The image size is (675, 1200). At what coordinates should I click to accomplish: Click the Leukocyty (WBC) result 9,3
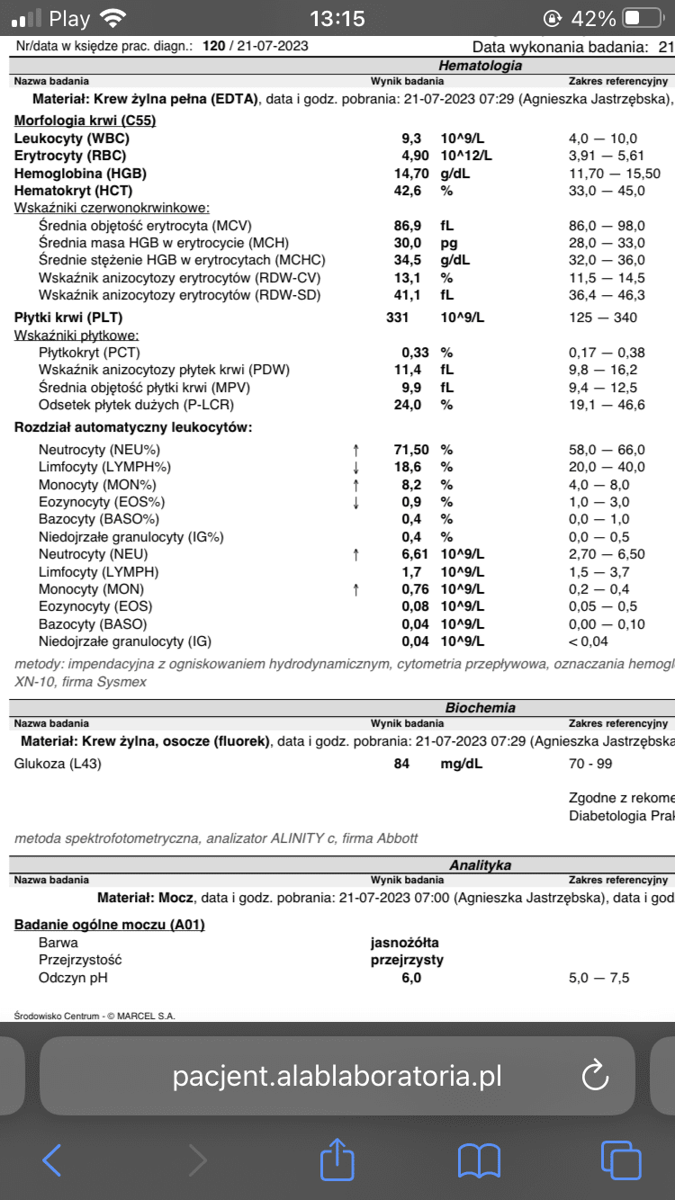(410, 139)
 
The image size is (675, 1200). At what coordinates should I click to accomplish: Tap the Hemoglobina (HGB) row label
(80, 174)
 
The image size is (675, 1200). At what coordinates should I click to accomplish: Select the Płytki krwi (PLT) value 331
(397, 318)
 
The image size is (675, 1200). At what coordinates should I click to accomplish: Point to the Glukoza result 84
(400, 764)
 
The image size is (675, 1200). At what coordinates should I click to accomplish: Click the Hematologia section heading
(480, 65)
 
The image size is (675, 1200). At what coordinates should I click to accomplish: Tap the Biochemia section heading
(481, 708)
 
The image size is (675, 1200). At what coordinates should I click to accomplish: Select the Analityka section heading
(481, 864)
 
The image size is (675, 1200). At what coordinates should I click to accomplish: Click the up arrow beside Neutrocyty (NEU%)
(356, 449)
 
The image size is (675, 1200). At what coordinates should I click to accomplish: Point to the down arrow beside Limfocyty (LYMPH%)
(356, 467)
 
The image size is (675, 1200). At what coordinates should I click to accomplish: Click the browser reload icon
(594, 1075)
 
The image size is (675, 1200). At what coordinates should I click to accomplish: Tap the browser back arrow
(52, 1160)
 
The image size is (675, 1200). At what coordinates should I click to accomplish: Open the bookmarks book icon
(479, 1160)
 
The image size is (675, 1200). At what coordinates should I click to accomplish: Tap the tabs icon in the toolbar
(620, 1160)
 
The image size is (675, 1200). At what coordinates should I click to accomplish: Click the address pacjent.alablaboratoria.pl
(337, 1076)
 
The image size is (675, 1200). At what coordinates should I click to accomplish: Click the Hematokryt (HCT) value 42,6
(407, 191)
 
